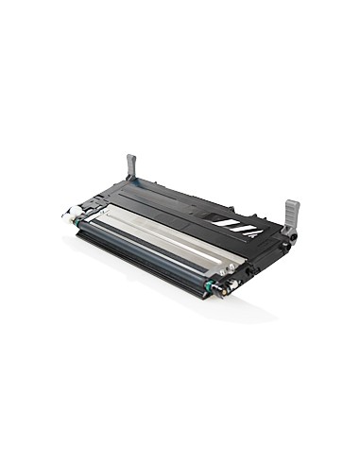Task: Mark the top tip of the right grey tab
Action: [293, 201]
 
